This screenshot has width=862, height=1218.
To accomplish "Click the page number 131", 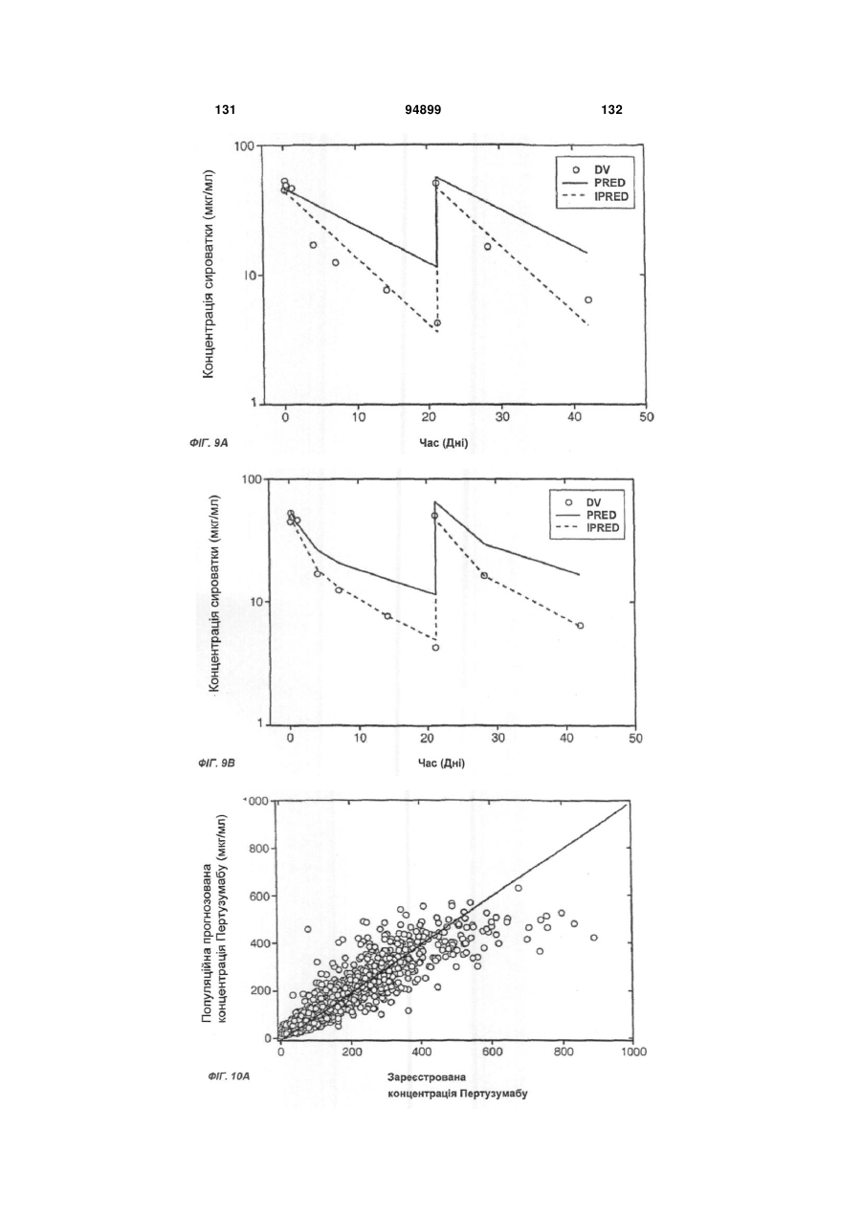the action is pyautogui.click(x=225, y=110).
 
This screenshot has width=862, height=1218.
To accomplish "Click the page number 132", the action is pyautogui.click(x=612, y=110).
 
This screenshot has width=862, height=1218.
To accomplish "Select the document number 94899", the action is pyautogui.click(x=423, y=110).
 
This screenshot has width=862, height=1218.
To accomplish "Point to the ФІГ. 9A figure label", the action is pyautogui.click(x=209, y=443).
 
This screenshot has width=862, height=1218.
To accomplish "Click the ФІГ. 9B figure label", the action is pyautogui.click(x=216, y=764).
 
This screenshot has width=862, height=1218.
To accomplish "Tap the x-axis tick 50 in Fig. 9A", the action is pyautogui.click(x=647, y=417).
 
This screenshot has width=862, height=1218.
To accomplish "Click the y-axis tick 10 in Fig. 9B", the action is pyautogui.click(x=255, y=602).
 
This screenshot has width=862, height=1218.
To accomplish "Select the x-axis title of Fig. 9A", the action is pyautogui.click(x=443, y=443).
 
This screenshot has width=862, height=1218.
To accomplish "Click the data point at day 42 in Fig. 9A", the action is pyautogui.click(x=587, y=299).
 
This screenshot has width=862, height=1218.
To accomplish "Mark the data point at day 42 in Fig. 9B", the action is pyautogui.click(x=581, y=626).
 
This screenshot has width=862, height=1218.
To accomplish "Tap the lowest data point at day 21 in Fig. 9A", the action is pyautogui.click(x=437, y=323).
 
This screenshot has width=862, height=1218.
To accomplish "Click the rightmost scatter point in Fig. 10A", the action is pyautogui.click(x=594, y=938).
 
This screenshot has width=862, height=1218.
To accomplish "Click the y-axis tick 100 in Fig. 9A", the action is pyautogui.click(x=244, y=146).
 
